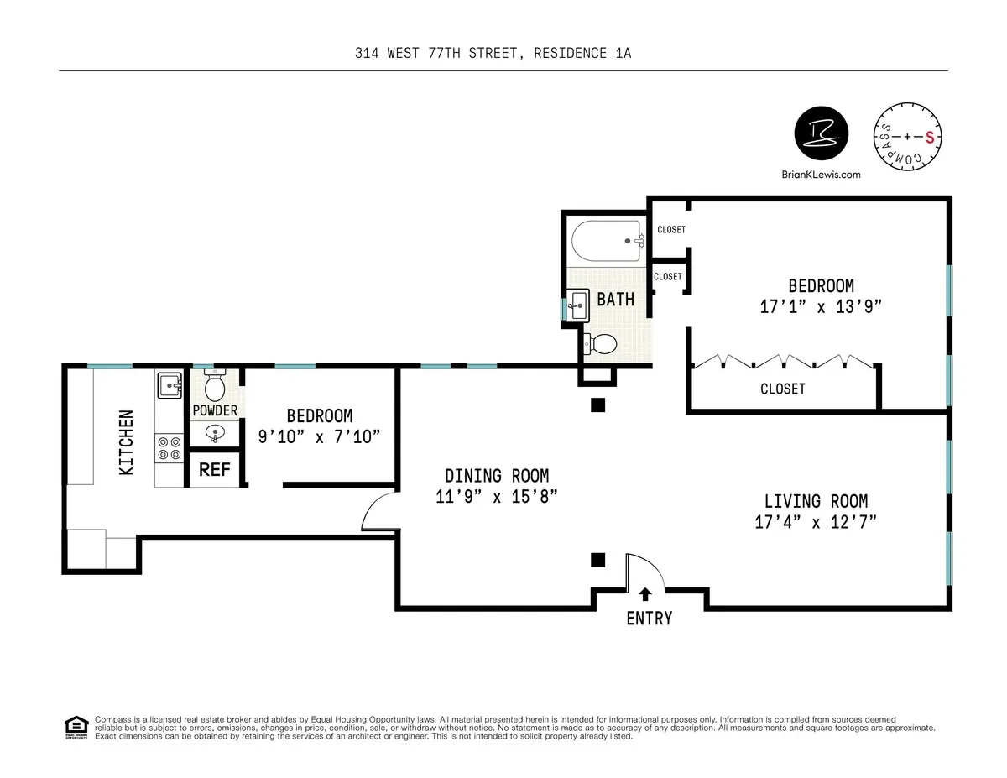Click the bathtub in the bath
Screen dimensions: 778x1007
(x=607, y=240)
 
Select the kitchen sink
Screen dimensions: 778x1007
(x=169, y=385)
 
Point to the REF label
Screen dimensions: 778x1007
(x=214, y=470)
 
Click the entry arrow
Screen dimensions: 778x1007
(x=645, y=594)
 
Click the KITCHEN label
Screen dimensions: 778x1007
(x=126, y=442)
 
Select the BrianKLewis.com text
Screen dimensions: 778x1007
(x=822, y=175)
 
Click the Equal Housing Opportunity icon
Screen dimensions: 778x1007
(x=76, y=726)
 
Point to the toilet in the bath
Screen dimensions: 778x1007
(x=601, y=343)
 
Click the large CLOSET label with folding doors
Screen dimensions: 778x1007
(x=782, y=389)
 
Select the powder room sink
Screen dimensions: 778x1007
(x=216, y=432)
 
